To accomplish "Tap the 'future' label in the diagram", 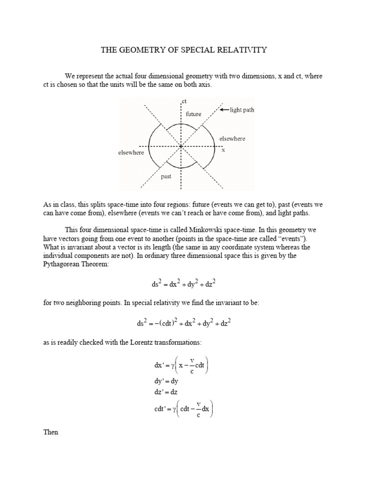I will pyautogui.click(x=194, y=115).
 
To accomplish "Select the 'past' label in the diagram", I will pyautogui.click(x=166, y=176).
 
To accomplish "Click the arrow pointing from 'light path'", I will pyautogui.click(x=225, y=110).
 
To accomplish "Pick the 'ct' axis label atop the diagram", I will pyautogui.click(x=184, y=101).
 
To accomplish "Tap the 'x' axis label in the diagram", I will pyautogui.click(x=223, y=150).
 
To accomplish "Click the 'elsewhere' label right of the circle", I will pyautogui.click(x=232, y=139).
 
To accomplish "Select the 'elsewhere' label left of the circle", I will pyautogui.click(x=131, y=152).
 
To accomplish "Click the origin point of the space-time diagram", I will pyautogui.click(x=181, y=146).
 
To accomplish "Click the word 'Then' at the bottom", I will pyautogui.click(x=50, y=432).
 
